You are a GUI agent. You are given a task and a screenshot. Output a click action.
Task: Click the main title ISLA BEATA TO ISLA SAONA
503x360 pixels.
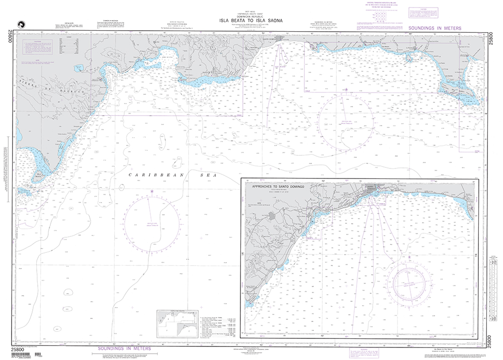click(x=251, y=21)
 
